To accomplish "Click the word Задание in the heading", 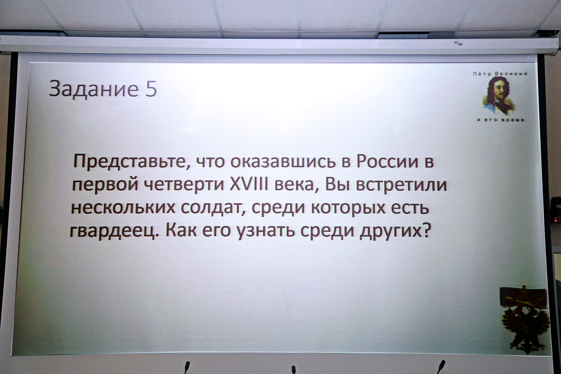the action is [93, 89].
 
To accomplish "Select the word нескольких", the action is [123, 208].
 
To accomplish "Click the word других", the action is [391, 232].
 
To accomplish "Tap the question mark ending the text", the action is [426, 230].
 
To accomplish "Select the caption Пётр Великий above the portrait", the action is [500, 74].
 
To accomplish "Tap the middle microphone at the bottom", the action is [293, 370].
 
